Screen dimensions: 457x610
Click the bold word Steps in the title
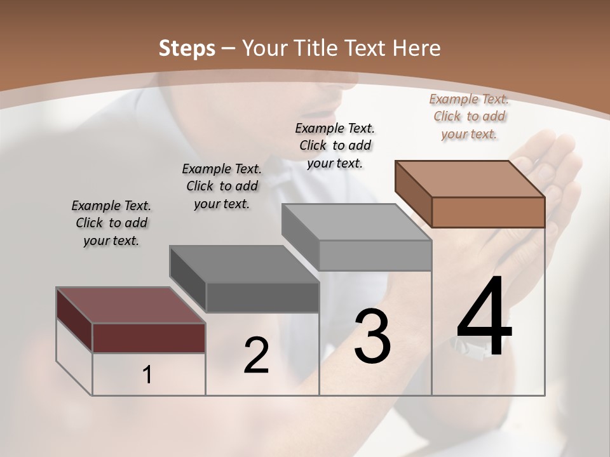pos(186,48)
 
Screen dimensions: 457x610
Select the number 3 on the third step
pos(372,336)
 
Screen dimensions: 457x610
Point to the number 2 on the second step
pos(256,355)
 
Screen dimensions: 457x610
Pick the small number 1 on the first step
pos(147,375)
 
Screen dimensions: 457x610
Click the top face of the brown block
pos(470,178)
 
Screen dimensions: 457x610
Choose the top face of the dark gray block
pos(245,263)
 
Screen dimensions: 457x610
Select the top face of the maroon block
pos(131,305)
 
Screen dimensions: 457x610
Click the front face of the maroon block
pos(149,338)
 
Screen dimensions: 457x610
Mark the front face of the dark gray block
pos(262,297)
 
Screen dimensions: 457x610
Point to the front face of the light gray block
pos(375,255)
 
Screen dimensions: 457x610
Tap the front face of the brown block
pos(488,212)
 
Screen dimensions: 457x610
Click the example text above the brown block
pos(469,116)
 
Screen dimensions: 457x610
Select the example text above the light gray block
pos(335,145)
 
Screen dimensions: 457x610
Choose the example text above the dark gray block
pos(222,186)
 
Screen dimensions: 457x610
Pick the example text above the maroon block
pos(111,223)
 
